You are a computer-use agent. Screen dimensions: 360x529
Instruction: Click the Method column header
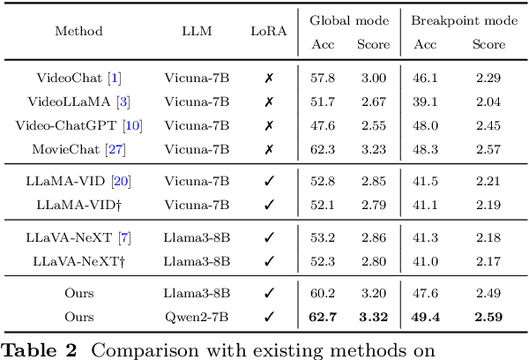click(x=78, y=32)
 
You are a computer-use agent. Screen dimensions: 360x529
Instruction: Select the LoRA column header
click(x=269, y=32)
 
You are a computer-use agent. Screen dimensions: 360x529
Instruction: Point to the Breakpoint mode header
click(x=458, y=19)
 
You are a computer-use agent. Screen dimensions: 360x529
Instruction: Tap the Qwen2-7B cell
click(x=197, y=315)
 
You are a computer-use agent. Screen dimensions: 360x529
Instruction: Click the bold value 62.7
click(x=323, y=315)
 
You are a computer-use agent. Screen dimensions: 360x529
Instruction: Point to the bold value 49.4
click(x=427, y=315)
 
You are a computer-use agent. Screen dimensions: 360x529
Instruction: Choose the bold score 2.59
click(x=488, y=315)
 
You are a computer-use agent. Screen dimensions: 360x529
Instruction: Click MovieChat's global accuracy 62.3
click(x=323, y=148)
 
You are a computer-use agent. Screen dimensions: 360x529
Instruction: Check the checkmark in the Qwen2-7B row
click(x=269, y=315)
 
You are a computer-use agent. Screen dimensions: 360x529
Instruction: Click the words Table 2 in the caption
click(x=41, y=349)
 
